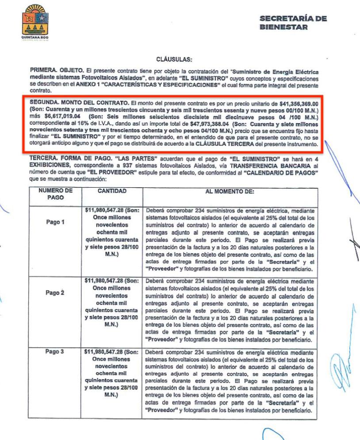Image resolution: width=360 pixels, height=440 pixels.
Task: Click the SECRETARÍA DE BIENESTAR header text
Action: [293, 23]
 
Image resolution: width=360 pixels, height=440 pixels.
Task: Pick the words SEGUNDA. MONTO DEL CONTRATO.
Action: [76, 102]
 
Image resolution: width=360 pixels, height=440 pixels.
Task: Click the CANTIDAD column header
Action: [112, 191]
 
